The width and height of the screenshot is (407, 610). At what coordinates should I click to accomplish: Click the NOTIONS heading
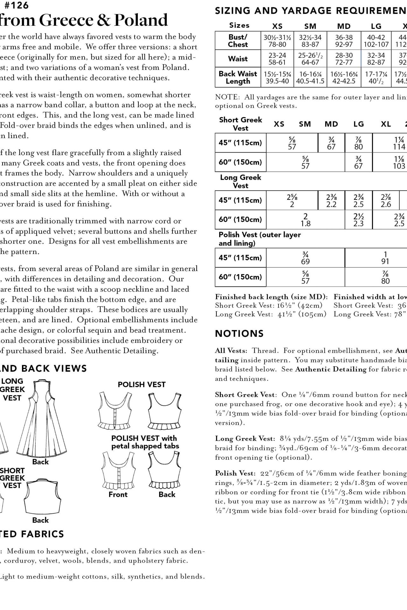coord(239,334)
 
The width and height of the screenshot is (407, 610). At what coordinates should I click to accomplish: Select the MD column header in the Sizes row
coord(344,26)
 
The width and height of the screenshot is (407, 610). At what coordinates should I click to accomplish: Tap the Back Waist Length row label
coord(238,77)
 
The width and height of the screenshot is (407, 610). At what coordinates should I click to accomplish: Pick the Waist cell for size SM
coord(310,58)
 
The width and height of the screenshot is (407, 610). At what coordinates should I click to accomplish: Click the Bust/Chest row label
coord(238,41)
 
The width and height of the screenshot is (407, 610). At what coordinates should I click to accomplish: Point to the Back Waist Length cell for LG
coord(376,77)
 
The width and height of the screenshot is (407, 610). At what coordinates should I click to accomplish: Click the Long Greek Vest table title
coord(240,181)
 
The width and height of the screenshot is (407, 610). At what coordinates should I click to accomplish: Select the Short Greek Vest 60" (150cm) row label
coord(240,162)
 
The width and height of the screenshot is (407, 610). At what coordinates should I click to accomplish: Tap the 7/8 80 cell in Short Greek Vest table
coord(358,143)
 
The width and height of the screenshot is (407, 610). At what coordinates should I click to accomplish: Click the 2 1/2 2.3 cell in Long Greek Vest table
coord(358,220)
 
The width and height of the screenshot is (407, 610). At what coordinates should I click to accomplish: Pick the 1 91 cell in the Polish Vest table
coord(385,258)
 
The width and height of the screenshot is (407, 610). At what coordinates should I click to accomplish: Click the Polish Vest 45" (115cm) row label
coord(240,258)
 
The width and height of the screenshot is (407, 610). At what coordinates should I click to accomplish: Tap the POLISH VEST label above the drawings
coord(142,384)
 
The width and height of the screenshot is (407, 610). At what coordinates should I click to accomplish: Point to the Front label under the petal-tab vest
coord(118,494)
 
